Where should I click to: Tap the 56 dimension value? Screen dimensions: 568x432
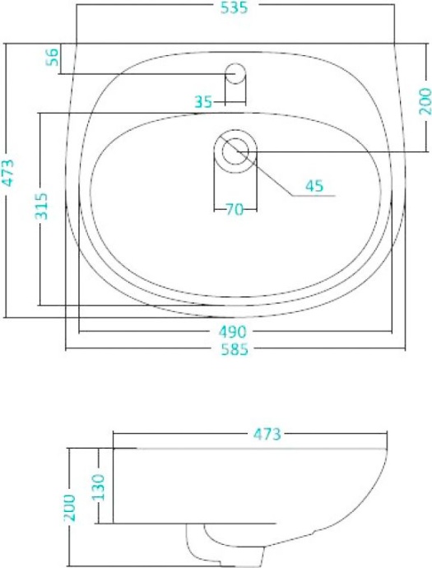pos(53,57)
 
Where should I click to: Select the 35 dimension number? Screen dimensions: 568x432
pos(204,102)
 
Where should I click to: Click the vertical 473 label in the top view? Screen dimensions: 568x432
pos(8,174)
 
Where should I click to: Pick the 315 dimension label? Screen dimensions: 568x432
pos(43,207)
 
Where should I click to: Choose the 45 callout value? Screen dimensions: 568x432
pos(314,186)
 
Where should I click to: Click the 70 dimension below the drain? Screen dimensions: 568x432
pos(235,210)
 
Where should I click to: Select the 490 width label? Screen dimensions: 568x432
pos(233,332)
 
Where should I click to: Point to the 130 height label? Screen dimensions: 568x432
pos(96,487)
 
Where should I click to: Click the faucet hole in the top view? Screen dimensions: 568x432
pos(235,72)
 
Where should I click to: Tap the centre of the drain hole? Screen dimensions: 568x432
pos(235,150)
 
